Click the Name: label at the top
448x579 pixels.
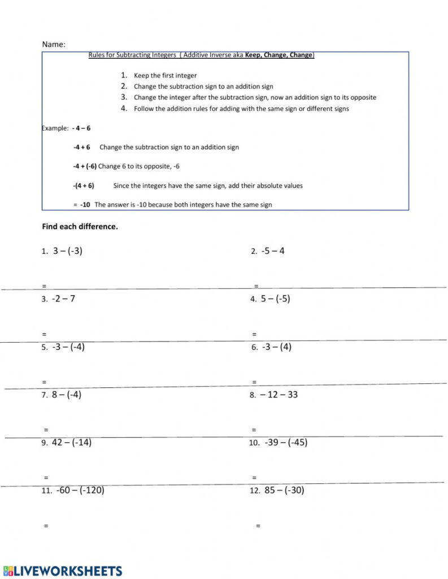coord(54,44)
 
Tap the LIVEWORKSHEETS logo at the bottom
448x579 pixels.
coord(63,571)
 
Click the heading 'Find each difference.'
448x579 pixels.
coord(80,227)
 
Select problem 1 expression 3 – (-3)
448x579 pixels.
coord(68,251)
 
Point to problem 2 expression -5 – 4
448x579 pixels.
coord(273,251)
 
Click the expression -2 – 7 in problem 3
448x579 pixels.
coord(63,299)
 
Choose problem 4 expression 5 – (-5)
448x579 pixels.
coord(275,299)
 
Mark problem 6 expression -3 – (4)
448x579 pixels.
coord(277,347)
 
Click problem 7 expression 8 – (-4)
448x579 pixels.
coord(67,395)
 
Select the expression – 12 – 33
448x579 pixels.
coord(279,395)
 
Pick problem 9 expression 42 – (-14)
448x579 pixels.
coord(71,443)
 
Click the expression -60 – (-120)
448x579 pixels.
coord(80,490)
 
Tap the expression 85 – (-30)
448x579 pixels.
coord(284,490)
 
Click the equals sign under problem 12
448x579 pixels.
coord(258,526)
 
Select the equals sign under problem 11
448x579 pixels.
coord(46,526)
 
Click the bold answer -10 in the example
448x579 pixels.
coord(85,205)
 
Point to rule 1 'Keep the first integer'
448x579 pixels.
coord(165,75)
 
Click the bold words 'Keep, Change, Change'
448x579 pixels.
coord(279,55)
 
